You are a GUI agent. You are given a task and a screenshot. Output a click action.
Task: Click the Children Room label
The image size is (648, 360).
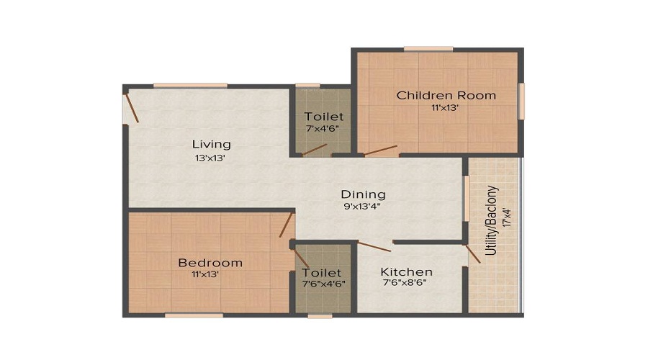(x=446, y=96)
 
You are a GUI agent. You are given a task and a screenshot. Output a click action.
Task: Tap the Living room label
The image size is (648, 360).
(x=211, y=145)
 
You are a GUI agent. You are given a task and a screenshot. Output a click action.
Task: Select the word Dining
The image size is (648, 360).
(x=364, y=194)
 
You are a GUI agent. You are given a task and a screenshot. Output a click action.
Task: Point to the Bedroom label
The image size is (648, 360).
(x=210, y=263)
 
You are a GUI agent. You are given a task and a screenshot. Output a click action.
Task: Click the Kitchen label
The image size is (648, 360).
(x=406, y=272)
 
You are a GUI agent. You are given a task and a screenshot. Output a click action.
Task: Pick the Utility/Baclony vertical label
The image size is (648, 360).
(x=491, y=220)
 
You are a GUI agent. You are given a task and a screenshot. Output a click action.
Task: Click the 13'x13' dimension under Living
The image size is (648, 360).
(x=210, y=158)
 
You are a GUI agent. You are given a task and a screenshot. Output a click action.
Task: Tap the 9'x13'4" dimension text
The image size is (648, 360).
(x=362, y=206)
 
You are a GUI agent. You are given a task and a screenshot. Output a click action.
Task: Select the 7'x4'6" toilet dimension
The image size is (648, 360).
(x=323, y=128)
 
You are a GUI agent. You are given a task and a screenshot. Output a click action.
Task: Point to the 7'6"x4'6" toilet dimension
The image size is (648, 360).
(x=323, y=284)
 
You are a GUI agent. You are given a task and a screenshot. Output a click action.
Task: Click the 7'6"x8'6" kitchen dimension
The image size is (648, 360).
(x=405, y=283)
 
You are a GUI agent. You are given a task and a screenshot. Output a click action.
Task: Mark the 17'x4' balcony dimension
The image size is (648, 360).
(x=507, y=218)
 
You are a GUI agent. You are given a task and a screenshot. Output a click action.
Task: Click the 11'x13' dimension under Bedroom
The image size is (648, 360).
(x=205, y=274)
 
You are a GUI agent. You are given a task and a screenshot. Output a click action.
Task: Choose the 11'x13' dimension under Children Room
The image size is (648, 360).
(x=446, y=108)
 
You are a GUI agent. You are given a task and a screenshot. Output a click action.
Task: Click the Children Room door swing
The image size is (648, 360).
(x=381, y=150)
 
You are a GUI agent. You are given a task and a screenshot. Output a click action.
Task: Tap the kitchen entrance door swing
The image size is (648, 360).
(x=374, y=247)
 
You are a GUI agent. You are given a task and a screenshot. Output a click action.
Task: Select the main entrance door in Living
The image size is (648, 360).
(x=132, y=108)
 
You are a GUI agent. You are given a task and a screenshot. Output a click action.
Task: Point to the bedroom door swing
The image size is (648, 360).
(x=286, y=225)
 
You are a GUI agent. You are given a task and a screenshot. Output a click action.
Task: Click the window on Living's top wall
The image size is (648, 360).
(x=191, y=86)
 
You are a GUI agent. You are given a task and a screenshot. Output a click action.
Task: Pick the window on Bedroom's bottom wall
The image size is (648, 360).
(x=194, y=315)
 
